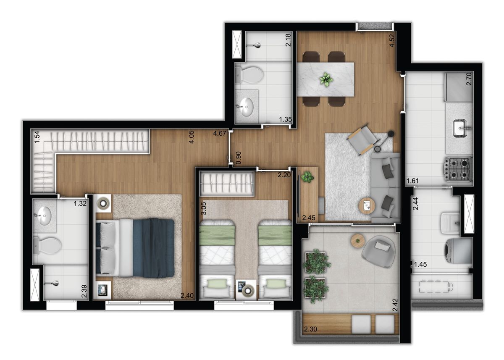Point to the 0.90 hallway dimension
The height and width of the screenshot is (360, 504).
[239, 157]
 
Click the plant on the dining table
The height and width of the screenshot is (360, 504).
[325, 79]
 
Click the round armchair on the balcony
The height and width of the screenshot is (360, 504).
[379, 250]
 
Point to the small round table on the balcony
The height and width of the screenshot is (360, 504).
[358, 240]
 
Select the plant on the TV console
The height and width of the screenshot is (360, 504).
[307, 177]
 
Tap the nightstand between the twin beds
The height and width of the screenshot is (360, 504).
[246, 289]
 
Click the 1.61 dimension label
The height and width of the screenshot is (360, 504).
[413, 181]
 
